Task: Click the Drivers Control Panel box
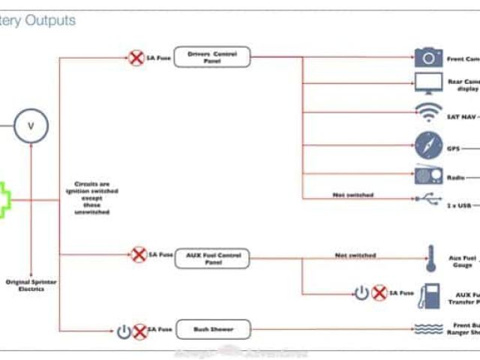pyautogui.click(x=212, y=57)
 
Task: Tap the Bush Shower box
pyautogui.click(x=212, y=328)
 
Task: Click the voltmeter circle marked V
pyautogui.click(x=31, y=126)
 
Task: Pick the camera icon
pyautogui.click(x=428, y=58)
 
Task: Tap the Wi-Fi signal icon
pyautogui.click(x=428, y=113)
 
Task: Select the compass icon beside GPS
pyautogui.click(x=428, y=145)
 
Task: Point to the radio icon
pyautogui.click(x=428, y=176)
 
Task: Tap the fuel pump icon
pyautogui.click(x=430, y=294)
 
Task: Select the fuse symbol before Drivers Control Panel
pyautogui.click(x=136, y=57)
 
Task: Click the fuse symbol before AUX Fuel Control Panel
pyautogui.click(x=139, y=255)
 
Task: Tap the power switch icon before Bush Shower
pyautogui.click(x=124, y=329)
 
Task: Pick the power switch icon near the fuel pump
pyautogui.click(x=361, y=293)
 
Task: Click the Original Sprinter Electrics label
pyautogui.click(x=31, y=285)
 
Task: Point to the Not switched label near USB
pyautogui.click(x=352, y=195)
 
